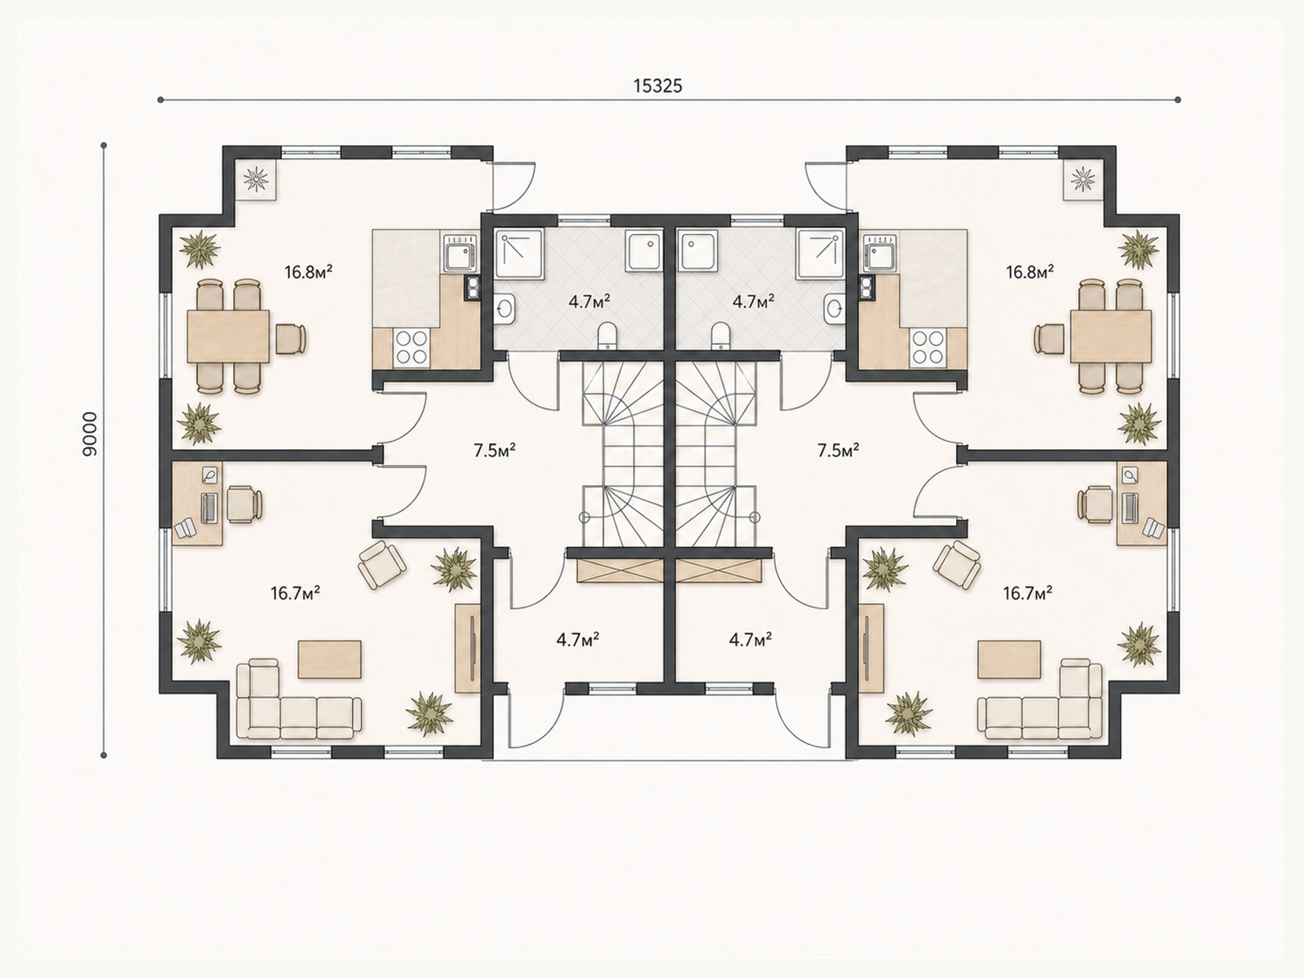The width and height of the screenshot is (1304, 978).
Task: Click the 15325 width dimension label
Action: click(x=658, y=86)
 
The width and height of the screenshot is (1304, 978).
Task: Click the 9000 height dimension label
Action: click(x=90, y=434)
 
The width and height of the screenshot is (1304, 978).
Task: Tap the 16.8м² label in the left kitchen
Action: click(x=308, y=272)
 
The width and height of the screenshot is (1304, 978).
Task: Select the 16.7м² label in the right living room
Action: click(x=1028, y=593)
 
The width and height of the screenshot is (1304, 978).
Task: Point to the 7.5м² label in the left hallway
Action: click(x=494, y=450)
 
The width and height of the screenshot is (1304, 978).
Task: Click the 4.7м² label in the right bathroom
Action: click(x=753, y=302)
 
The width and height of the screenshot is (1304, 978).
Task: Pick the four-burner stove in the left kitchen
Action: click(x=411, y=347)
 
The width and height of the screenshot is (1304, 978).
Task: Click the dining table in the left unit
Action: click(x=228, y=336)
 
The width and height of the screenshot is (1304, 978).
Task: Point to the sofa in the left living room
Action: click(x=298, y=699)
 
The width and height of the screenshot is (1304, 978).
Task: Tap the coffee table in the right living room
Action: click(x=1009, y=659)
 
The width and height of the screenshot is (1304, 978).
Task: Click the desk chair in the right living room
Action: click(x=1095, y=504)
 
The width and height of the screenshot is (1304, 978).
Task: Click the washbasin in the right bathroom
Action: click(x=834, y=310)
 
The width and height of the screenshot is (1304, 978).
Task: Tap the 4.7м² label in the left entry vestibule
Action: click(x=578, y=640)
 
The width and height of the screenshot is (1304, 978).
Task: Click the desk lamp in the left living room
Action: click(x=209, y=474)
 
